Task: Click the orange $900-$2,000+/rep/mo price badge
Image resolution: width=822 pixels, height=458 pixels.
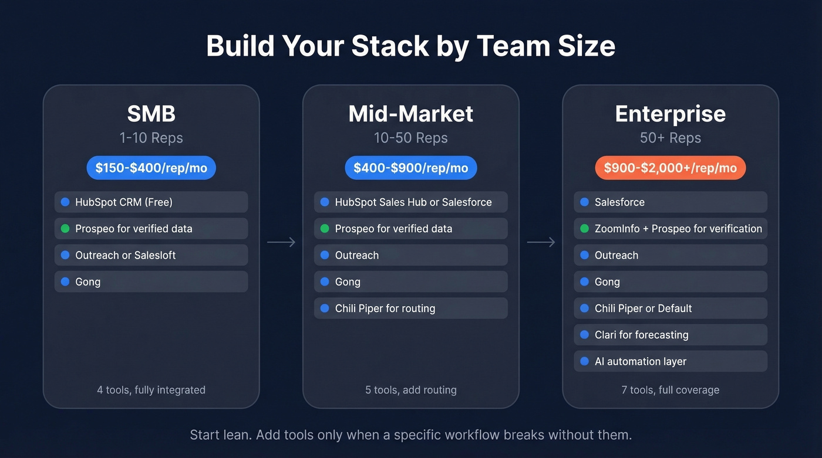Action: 670,168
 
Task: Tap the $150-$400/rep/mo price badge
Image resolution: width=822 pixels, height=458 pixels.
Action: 151,168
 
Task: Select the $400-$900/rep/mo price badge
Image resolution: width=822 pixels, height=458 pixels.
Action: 410,168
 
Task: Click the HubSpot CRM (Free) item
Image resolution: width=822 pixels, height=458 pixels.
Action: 151,202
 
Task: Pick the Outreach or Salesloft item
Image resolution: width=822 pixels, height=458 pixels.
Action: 151,255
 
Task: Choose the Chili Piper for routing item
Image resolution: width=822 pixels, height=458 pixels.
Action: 410,308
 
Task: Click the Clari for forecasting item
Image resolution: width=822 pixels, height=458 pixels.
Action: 670,335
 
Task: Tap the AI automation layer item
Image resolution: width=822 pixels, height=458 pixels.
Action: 670,361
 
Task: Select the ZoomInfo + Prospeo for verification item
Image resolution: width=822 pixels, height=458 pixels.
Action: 670,229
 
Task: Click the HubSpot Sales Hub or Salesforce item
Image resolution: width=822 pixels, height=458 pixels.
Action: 410,202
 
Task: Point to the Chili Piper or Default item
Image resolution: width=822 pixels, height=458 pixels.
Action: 670,308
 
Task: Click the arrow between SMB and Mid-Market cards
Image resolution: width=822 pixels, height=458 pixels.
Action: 281,242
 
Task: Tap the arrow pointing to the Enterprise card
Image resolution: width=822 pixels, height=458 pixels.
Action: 541,242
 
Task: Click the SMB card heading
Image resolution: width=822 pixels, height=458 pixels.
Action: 151,113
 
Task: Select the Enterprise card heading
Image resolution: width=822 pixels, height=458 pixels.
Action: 670,113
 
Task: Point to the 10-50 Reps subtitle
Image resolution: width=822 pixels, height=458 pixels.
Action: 410,138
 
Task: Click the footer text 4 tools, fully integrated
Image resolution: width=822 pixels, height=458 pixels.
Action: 151,390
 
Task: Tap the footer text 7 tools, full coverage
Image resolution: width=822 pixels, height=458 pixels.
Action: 670,390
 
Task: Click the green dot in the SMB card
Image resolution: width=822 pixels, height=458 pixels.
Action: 65,229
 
